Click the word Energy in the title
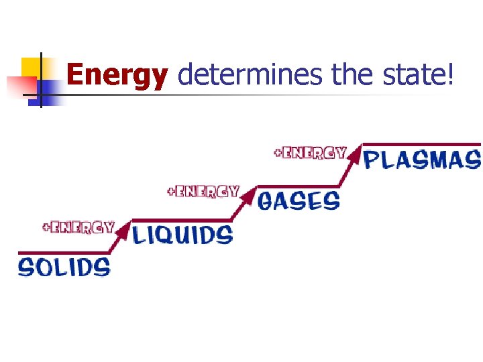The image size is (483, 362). tap(117, 76)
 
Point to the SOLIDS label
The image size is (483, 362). tap(64, 267)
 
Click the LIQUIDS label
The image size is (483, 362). tap(182, 235)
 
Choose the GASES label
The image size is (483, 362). tap(299, 200)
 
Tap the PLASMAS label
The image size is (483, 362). tap(423, 160)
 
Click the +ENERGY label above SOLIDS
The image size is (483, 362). tap(78, 227)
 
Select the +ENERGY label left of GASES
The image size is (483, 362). tap(203, 191)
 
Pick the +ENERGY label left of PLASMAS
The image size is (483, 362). tap(310, 152)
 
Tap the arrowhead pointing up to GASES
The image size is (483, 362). tap(249, 195)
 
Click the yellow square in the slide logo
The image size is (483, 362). tap(31, 68)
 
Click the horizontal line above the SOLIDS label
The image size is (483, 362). tap(64, 253)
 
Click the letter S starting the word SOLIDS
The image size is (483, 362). tap(26, 267)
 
